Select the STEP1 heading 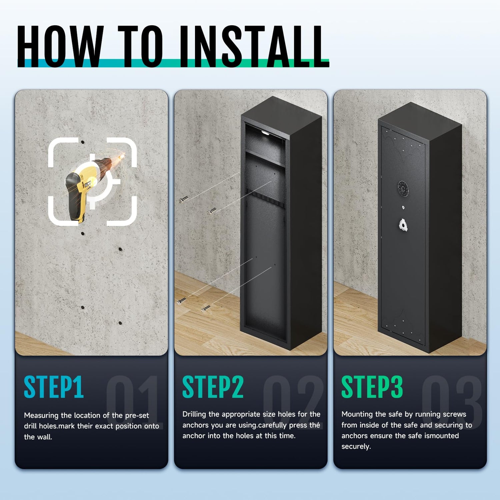(54, 387)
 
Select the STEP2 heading (213, 387)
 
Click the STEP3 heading (372, 387)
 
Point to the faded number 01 (133, 402)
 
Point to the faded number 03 (452, 402)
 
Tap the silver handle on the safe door (403, 225)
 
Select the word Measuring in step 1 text (41, 416)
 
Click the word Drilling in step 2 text (194, 414)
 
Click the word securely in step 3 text (356, 447)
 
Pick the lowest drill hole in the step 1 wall (120, 323)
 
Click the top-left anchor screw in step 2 (183, 200)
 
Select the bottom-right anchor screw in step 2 (206, 309)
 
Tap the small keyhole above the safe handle (403, 208)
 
